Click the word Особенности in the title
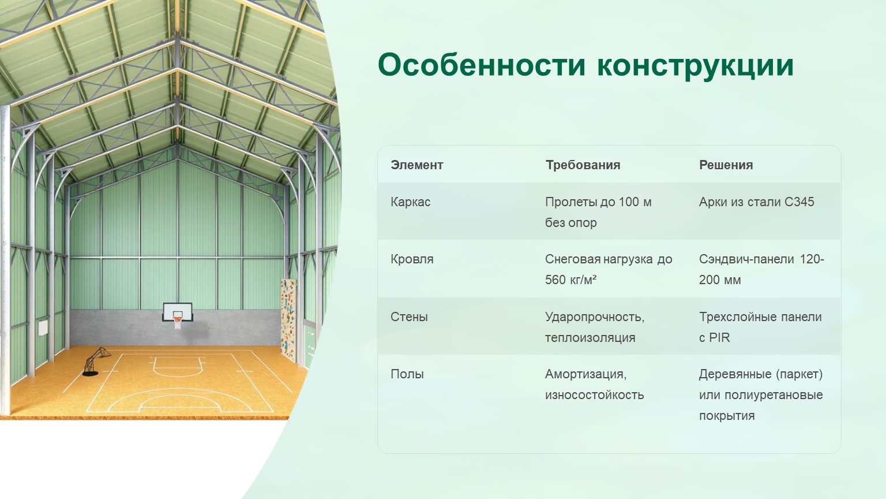[482, 65]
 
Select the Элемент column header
[417, 165]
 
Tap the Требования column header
[583, 165]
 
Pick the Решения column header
[726, 165]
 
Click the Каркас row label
[411, 202]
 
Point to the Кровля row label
[412, 259]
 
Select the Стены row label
[410, 317]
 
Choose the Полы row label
[407, 374]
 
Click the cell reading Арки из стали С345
[757, 202]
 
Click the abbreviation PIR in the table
[719, 338]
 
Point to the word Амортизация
[586, 374]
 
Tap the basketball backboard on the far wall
[178, 312]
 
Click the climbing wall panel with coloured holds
[288, 320]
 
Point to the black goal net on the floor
[96, 361]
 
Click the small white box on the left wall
[43, 328]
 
